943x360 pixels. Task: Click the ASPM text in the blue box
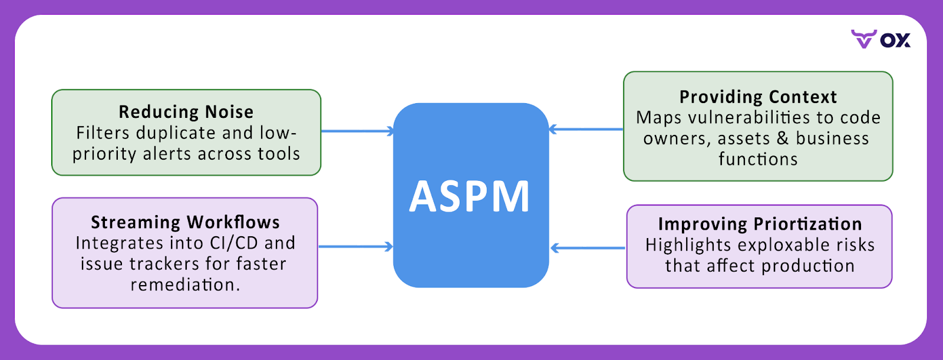point(470,197)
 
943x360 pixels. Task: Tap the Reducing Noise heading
point(186,111)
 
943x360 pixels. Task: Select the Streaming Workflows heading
point(185,222)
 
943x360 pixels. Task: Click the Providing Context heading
point(758,97)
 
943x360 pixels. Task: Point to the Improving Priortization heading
point(760,224)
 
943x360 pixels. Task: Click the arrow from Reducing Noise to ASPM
point(357,131)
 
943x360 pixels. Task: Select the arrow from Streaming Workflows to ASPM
point(355,246)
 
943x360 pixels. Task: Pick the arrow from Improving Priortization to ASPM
point(588,248)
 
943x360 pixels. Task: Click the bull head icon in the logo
point(863,39)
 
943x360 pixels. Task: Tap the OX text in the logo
point(895,40)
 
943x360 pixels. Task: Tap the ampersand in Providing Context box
point(783,138)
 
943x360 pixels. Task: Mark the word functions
point(758,159)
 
